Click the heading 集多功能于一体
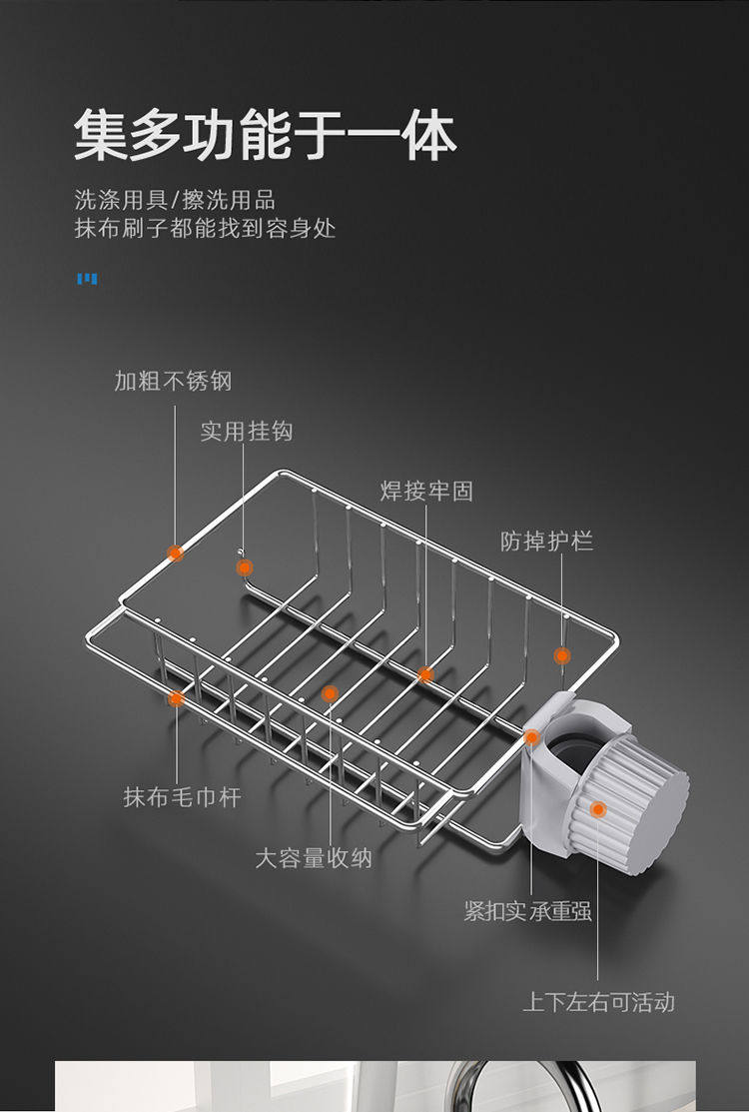pyautogui.click(x=265, y=136)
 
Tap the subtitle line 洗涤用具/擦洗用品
pyautogui.click(x=174, y=199)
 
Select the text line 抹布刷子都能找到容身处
pyautogui.click(x=205, y=229)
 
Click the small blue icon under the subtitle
pyautogui.click(x=87, y=279)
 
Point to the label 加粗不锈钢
pyautogui.click(x=173, y=381)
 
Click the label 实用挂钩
pyautogui.click(x=246, y=431)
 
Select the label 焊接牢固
pyautogui.click(x=426, y=491)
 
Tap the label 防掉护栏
pyautogui.click(x=546, y=542)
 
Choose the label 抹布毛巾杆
pyautogui.click(x=182, y=797)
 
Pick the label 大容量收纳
pyautogui.click(x=313, y=857)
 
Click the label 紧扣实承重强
pyautogui.click(x=528, y=911)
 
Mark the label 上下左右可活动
pyautogui.click(x=599, y=1002)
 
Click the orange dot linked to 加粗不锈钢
pyautogui.click(x=176, y=553)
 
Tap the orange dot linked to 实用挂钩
pyautogui.click(x=245, y=567)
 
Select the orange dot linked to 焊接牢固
pyautogui.click(x=425, y=674)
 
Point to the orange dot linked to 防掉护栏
pyautogui.click(x=562, y=655)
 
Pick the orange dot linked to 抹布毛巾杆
pyautogui.click(x=177, y=697)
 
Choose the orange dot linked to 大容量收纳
pyautogui.click(x=330, y=693)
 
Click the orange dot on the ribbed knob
pyautogui.click(x=598, y=809)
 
